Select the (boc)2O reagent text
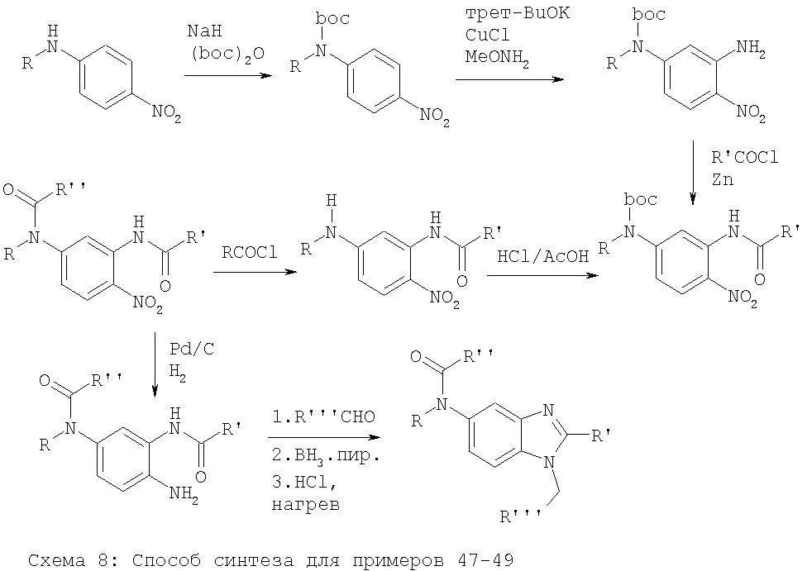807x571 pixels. point(227,54)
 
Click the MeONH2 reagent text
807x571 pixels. point(497,57)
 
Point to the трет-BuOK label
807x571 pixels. point(518,13)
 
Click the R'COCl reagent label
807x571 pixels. point(745,157)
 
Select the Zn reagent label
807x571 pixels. point(722,179)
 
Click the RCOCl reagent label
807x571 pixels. point(250,253)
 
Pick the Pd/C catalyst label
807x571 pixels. point(192,350)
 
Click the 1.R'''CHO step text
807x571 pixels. point(324,416)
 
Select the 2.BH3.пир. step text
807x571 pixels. point(325,456)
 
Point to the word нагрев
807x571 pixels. point(306,505)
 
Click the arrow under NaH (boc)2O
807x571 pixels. point(228,76)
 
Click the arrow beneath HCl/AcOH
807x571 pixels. point(543,276)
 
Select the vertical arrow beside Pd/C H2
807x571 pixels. point(155,364)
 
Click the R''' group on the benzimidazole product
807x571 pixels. point(520,516)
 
